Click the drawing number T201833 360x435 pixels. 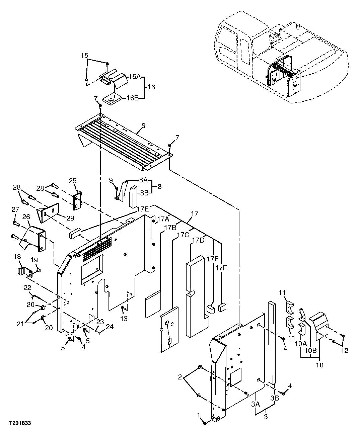pos(20,423)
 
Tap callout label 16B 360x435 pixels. pos(132,98)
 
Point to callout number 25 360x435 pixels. pos(73,181)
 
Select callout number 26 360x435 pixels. pos(26,217)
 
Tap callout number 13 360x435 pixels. pos(124,319)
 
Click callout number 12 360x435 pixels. pos(345,351)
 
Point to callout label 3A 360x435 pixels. pos(256,404)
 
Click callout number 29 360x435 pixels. pos(70,218)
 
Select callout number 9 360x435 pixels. pos(111,180)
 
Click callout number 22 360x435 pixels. pos(27,287)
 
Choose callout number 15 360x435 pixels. pos(84,55)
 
